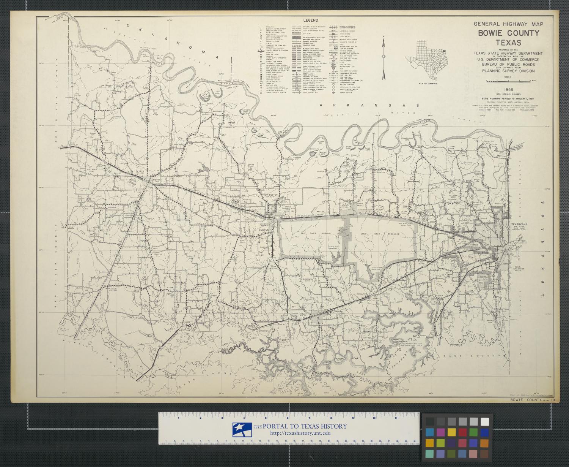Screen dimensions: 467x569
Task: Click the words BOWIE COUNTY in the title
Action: [508, 33]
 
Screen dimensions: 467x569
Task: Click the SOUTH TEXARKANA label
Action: [519, 269]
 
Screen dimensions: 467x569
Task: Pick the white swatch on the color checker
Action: [484, 421]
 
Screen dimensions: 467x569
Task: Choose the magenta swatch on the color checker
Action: [440, 432]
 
